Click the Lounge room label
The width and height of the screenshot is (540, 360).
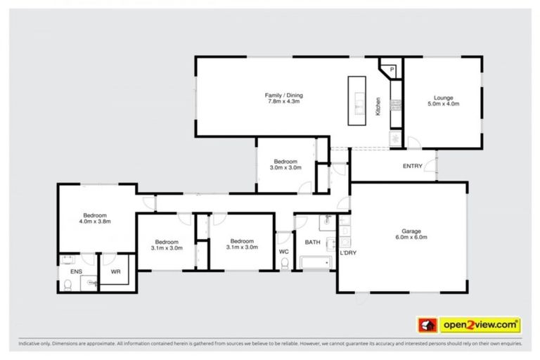coord(443,98)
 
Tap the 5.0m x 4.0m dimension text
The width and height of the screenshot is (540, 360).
coord(443,104)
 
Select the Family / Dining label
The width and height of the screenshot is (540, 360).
coord(283,95)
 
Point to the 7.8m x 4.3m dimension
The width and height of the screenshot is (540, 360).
coord(283,101)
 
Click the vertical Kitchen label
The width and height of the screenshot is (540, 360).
coord(378,106)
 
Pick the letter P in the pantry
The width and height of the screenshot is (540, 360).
coord(392,69)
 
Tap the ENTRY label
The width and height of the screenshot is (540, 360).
coord(412,166)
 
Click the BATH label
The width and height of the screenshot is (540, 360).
coord(312,242)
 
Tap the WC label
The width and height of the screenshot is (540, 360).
coord(283,251)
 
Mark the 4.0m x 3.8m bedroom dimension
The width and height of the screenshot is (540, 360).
coord(95,221)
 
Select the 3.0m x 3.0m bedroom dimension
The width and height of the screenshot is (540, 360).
coord(287,167)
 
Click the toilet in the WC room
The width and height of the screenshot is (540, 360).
coord(284,264)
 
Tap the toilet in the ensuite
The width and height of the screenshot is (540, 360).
coord(67,285)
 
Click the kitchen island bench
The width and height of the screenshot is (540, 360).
coord(358,101)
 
